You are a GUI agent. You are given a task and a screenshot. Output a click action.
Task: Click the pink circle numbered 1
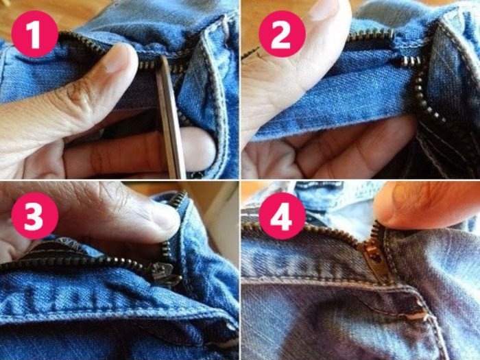(x=34, y=34)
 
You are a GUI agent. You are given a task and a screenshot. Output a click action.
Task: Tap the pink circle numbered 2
(x=282, y=34)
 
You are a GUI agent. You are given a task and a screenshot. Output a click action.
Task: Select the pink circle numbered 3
(x=34, y=215)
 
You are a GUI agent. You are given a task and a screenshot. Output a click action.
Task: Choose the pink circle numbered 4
(x=282, y=215)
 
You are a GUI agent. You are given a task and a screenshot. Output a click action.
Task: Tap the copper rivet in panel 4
(x=418, y=316)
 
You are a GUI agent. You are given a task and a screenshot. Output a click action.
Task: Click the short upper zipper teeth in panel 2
(x=370, y=34)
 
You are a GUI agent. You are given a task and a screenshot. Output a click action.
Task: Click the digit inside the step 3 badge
(x=34, y=215)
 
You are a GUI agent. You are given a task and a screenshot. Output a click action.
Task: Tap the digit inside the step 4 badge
(x=282, y=216)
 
